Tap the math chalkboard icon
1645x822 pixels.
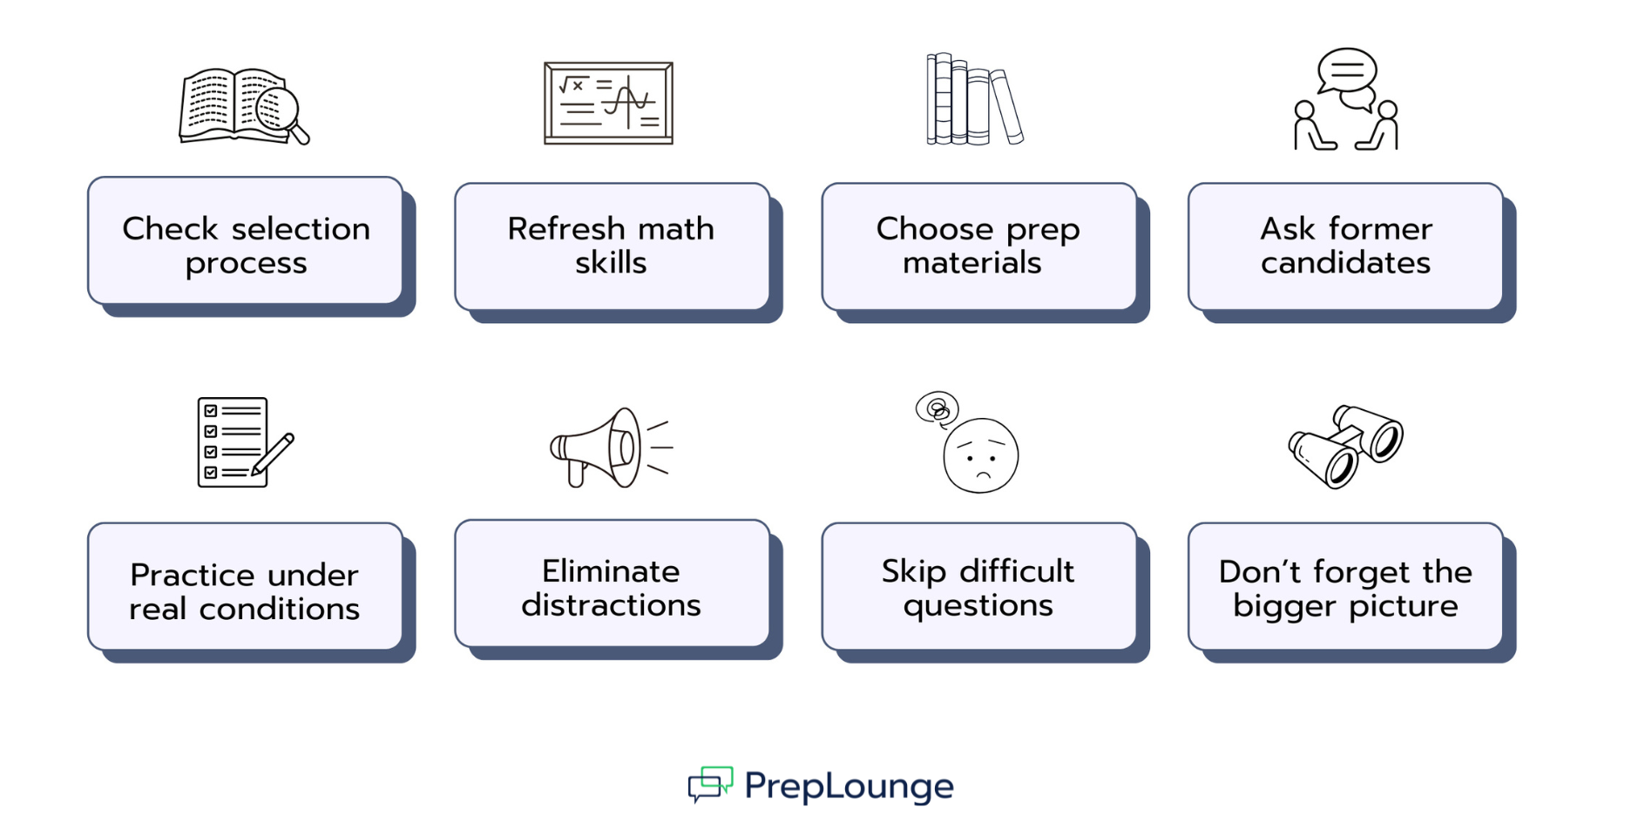click(x=608, y=103)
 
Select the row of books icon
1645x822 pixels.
click(x=973, y=99)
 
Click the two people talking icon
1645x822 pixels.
click(x=1346, y=100)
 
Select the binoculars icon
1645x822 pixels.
click(x=1346, y=445)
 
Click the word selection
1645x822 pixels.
click(x=301, y=229)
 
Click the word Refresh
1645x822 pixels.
click(x=566, y=229)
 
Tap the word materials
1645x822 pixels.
click(x=971, y=263)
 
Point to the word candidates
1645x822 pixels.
click(x=1345, y=263)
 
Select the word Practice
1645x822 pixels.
click(x=193, y=576)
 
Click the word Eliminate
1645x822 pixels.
click(x=611, y=571)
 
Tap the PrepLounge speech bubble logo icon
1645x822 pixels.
click(x=710, y=784)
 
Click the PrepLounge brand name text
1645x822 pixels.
click(x=849, y=786)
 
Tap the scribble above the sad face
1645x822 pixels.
click(x=938, y=408)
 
